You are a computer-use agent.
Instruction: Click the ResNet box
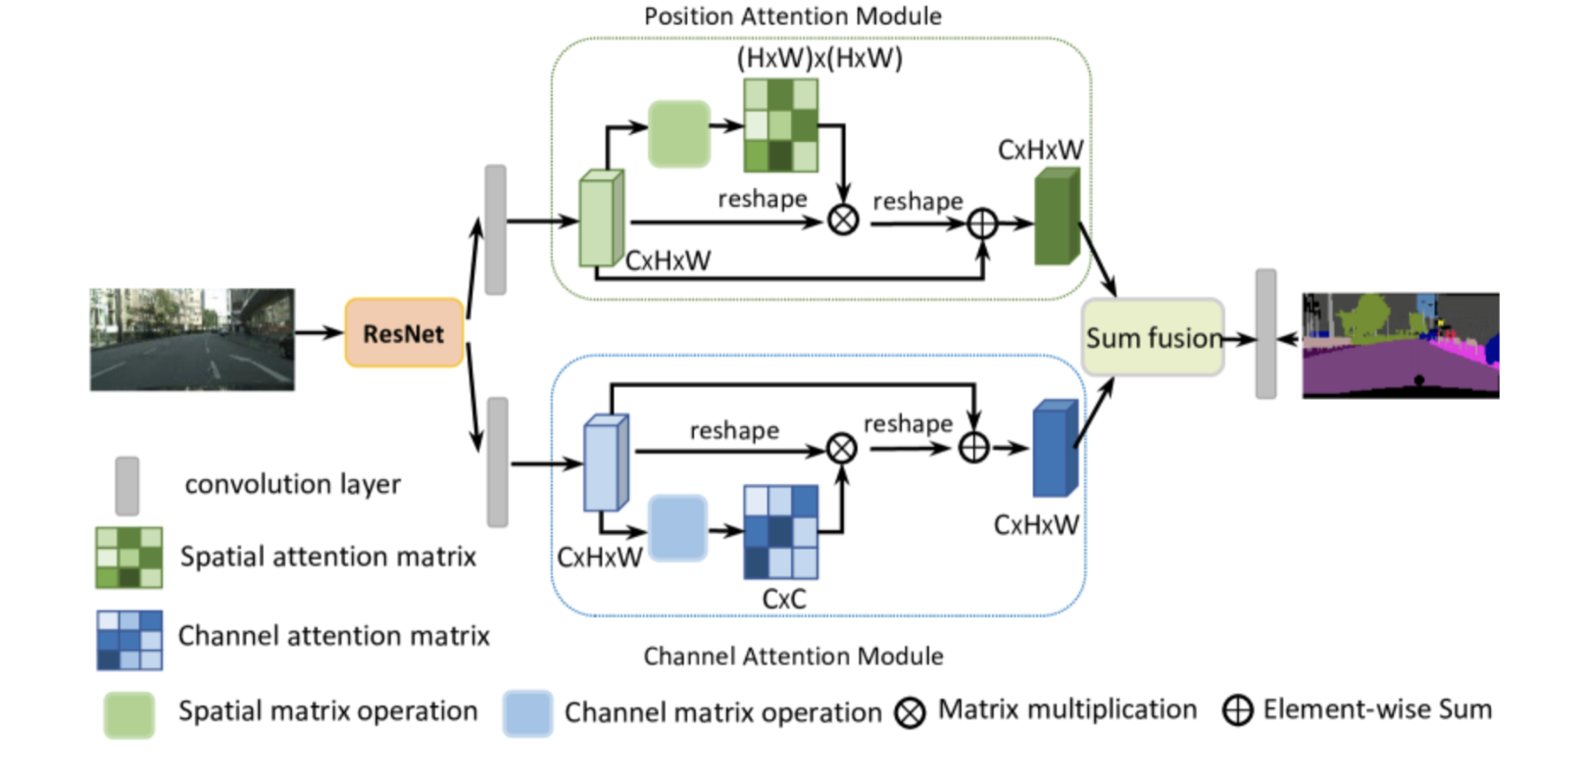[404, 333]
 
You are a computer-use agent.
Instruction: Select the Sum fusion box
[1153, 338]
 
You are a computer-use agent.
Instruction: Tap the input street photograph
[192, 339]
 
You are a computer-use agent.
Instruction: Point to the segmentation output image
[1401, 345]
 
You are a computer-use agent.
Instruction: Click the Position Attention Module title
[792, 17]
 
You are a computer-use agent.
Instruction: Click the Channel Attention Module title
[793, 656]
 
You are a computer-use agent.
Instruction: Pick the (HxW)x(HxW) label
[819, 59]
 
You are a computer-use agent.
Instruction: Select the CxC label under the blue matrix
[784, 599]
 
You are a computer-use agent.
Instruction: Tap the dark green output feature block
[1057, 218]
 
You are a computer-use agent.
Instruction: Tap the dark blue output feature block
[1055, 449]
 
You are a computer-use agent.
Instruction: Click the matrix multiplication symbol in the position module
[843, 220]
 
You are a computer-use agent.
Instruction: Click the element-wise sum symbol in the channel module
[973, 448]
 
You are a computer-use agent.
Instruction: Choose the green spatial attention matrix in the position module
[780, 125]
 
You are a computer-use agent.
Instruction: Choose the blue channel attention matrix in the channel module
[780, 532]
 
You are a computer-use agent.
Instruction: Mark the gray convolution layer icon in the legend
[126, 485]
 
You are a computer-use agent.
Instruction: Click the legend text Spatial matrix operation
[327, 711]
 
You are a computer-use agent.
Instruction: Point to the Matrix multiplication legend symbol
[910, 712]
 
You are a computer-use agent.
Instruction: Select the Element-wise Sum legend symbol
[1237, 710]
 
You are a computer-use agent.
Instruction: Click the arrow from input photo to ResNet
[320, 333]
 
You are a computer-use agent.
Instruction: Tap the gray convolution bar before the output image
[1265, 334]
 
